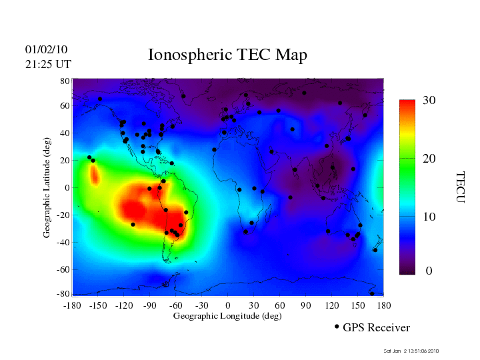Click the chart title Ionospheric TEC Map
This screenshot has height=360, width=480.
(x=227, y=55)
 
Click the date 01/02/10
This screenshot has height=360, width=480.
(x=46, y=50)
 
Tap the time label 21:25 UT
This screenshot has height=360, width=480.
(x=47, y=64)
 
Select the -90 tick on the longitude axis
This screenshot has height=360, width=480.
(x=149, y=305)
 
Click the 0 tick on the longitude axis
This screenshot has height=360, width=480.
(x=228, y=305)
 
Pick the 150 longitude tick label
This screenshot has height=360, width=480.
(x=357, y=305)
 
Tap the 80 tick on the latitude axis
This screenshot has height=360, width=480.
(x=65, y=81)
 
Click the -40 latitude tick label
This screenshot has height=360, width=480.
(x=62, y=242)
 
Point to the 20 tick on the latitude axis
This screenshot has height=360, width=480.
(x=65, y=161)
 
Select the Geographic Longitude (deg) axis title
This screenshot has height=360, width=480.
(x=227, y=316)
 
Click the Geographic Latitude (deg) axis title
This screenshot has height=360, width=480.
(x=47, y=188)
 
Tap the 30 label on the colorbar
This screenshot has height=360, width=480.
(x=429, y=100)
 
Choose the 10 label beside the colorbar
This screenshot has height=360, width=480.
(x=429, y=217)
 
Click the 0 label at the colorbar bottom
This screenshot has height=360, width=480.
(x=429, y=271)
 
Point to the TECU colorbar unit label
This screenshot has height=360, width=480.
(x=460, y=187)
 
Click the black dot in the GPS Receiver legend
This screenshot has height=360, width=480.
(x=337, y=327)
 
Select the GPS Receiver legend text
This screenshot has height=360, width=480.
(x=377, y=328)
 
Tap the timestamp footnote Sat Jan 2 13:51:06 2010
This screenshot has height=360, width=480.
(x=411, y=351)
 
